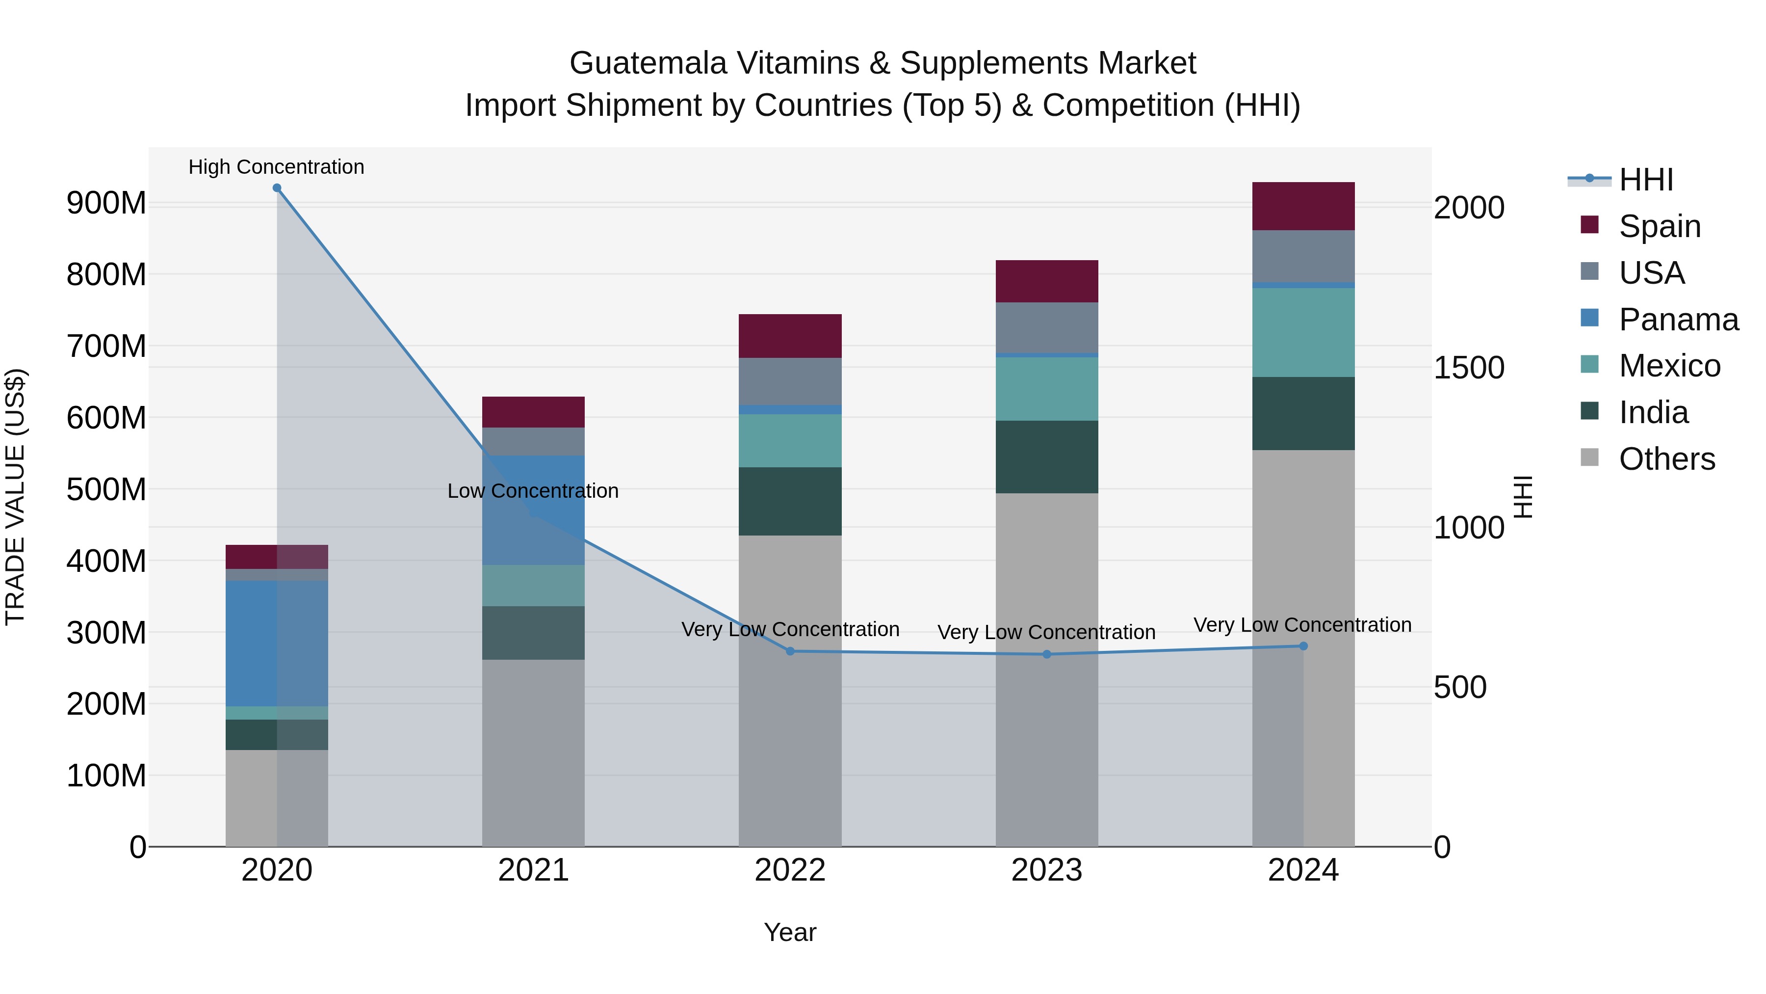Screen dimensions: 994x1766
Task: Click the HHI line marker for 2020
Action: [277, 188]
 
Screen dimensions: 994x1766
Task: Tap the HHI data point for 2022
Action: [790, 651]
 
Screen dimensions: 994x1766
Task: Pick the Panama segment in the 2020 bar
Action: [277, 644]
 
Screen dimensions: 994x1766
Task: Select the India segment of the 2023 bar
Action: [1047, 457]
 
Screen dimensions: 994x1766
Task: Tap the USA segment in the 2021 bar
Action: [533, 442]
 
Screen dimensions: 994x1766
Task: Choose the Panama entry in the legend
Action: [1678, 320]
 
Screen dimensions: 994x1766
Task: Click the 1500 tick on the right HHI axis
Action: [1468, 368]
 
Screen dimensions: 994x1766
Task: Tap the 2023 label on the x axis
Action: [1047, 870]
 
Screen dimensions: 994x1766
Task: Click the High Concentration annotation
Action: [276, 167]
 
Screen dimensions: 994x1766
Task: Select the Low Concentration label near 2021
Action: [533, 491]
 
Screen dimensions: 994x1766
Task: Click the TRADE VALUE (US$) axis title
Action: [15, 497]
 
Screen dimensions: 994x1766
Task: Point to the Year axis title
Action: [790, 932]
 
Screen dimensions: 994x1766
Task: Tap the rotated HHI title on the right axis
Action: [1523, 497]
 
